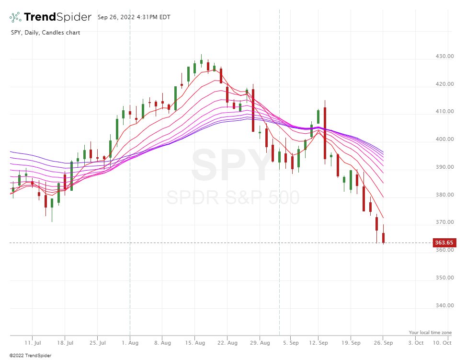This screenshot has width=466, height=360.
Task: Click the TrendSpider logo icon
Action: pos(15,17)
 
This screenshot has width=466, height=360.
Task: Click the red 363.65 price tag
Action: pos(444,243)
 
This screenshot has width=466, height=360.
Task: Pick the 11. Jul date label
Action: pos(32,343)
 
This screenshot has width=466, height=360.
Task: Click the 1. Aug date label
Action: pos(130,343)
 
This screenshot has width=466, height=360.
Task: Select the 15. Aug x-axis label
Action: pos(194,343)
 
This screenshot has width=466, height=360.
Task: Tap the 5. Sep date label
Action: pos(291,343)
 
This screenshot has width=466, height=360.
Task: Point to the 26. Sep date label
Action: pos(383,343)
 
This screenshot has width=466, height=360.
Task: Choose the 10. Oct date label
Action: pos(442,343)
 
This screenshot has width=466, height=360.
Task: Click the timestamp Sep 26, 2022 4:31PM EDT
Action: pos(134,17)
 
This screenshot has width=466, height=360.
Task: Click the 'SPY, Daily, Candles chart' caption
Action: pos(45,33)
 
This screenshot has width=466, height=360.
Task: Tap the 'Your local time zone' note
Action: pos(430,332)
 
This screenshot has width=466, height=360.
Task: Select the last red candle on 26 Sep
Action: pos(383,237)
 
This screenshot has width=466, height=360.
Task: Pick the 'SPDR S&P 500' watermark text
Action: pos(233,197)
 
